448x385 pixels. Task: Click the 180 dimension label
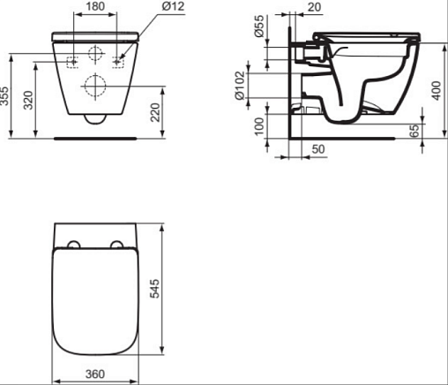point(95,6)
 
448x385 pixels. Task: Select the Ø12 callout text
point(173,6)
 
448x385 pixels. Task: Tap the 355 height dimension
point(4,95)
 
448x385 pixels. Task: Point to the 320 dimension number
point(28,101)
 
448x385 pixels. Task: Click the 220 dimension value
point(155,112)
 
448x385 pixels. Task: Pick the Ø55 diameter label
point(260,26)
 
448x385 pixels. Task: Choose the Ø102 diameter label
point(239,86)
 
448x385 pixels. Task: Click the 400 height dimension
point(437,91)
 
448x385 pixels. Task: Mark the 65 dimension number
point(414,131)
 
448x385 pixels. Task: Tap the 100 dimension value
point(259,126)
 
